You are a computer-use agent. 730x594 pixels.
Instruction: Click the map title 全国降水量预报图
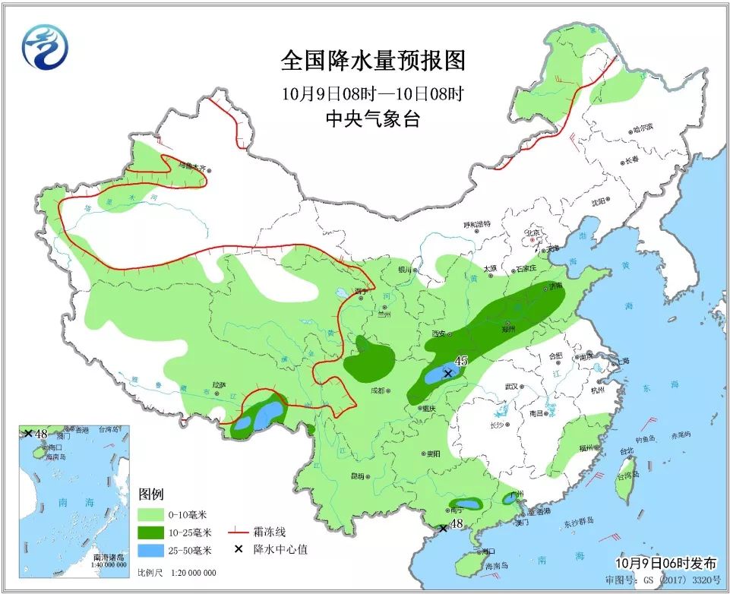tap(372, 60)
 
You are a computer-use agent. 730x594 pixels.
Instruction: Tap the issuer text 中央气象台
tap(372, 118)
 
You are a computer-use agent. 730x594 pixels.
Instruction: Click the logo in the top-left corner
tap(44, 47)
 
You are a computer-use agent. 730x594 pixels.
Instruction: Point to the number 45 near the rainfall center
tap(461, 361)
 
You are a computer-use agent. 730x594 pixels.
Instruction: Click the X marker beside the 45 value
tap(448, 373)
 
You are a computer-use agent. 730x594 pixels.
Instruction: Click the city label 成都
tap(376, 390)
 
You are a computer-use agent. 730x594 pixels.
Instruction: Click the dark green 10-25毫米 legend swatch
tap(156, 533)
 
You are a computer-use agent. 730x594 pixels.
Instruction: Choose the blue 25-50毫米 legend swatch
tap(156, 551)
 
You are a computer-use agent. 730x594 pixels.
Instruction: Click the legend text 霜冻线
tap(271, 532)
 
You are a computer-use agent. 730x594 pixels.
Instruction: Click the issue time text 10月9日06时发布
tap(666, 564)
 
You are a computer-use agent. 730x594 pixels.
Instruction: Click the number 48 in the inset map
tap(42, 434)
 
